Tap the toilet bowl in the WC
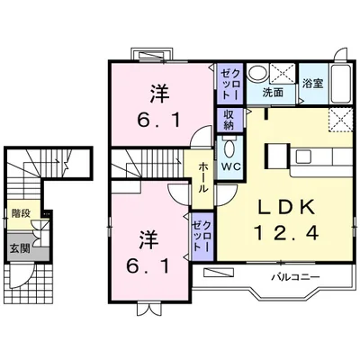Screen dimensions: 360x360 point(229,148)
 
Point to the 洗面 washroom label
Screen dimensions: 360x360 point(273,92)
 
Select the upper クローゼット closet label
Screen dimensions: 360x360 point(229,84)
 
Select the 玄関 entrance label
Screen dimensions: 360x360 point(18,248)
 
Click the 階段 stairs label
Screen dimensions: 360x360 point(19,214)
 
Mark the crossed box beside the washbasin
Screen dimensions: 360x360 point(283,72)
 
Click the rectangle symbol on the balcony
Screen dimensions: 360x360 point(217,271)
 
